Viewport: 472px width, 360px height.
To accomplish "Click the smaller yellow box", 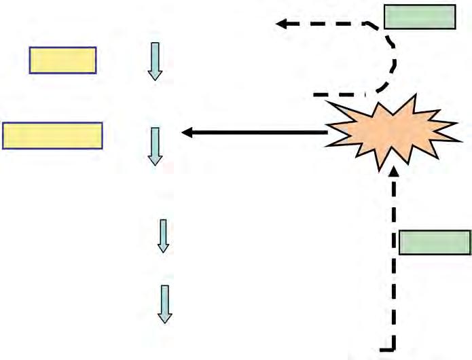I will (62, 60).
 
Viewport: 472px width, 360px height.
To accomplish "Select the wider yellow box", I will (52, 135).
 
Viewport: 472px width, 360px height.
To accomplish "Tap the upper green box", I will (420, 17).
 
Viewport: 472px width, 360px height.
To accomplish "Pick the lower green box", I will (435, 242).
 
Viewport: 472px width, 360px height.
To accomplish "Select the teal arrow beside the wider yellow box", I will (155, 145).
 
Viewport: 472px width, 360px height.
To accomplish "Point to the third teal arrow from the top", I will (162, 236).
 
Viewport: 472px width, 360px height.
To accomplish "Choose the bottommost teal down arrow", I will (164, 304).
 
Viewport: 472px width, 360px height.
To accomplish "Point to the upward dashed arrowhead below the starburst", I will (394, 177).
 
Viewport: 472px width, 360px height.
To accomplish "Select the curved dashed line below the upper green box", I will (391, 61).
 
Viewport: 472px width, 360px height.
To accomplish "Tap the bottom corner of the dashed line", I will (393, 348).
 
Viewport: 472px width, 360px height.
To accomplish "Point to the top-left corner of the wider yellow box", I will (3, 124).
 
